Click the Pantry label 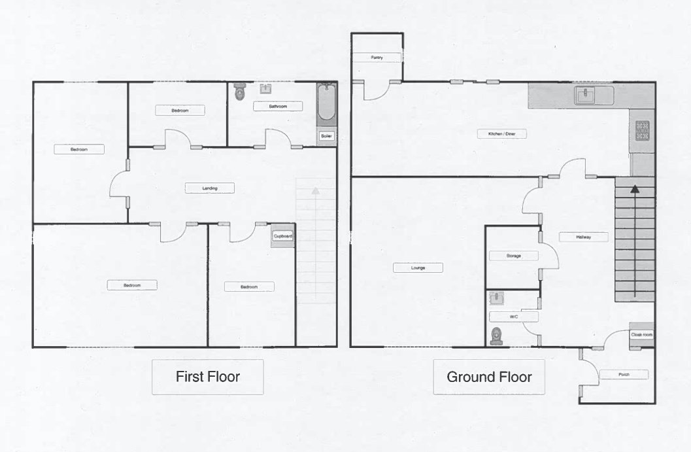point(377,58)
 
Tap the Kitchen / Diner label point(501,133)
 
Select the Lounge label point(418,268)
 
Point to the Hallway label point(584,237)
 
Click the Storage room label point(513,256)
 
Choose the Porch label point(624,375)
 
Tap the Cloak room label point(641,335)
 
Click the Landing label point(210,188)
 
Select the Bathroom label point(278,106)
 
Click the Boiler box point(326,136)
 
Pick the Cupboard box point(282,236)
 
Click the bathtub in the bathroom point(327,102)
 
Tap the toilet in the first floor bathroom point(240,92)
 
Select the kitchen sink point(585,96)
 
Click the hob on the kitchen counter point(642,131)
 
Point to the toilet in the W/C point(497,336)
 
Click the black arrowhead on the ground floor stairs point(634,189)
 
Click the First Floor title point(208,377)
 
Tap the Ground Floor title point(489,377)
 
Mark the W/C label point(513,317)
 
